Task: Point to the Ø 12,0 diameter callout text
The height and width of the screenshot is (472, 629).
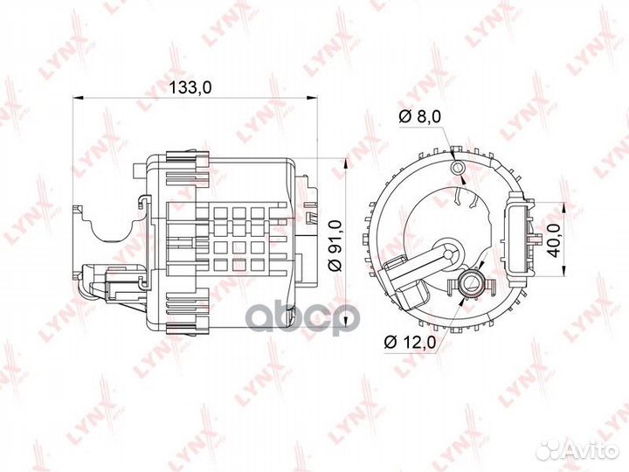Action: tap(411, 341)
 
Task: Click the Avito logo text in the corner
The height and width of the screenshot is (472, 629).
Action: tap(591, 449)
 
